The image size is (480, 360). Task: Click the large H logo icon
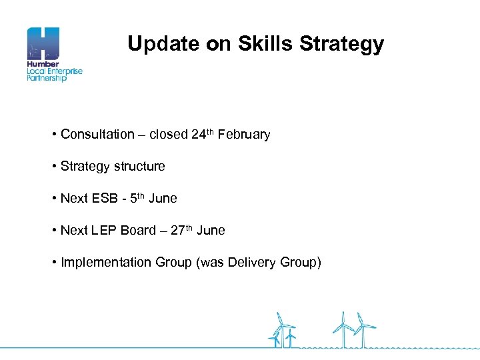pos(43,44)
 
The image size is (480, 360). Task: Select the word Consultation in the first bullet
pos(97,135)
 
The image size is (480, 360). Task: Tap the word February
pos(244,135)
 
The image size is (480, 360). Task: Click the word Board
pos(139,231)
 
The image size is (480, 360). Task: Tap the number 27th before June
pos(181,230)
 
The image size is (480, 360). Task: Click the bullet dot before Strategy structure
pos(53,167)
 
